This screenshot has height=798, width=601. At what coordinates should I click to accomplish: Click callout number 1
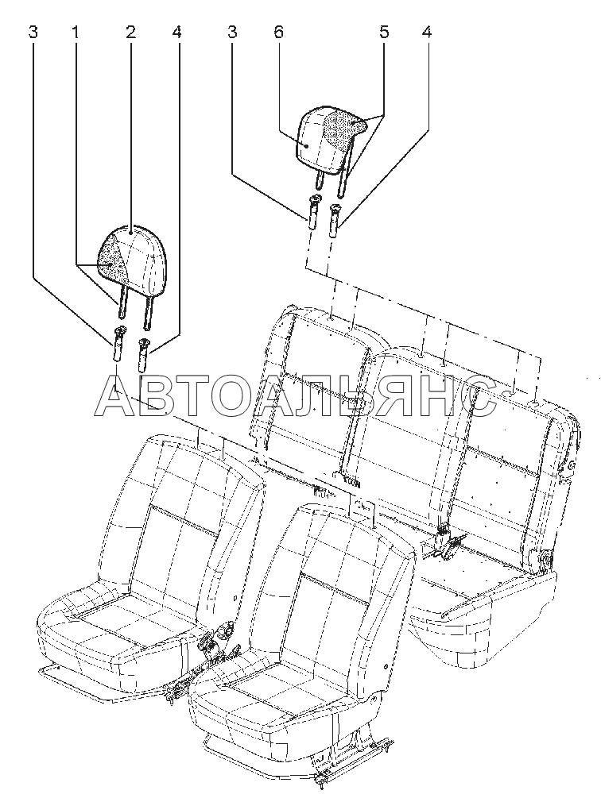76,33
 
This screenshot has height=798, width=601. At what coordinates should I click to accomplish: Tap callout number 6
278,33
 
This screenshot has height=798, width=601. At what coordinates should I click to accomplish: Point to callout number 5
384,33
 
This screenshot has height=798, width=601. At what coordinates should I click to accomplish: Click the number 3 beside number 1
33,33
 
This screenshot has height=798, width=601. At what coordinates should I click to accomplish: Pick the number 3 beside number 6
232,33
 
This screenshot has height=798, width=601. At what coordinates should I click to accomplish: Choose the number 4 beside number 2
176,33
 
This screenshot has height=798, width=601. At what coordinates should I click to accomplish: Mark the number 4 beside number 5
427,33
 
